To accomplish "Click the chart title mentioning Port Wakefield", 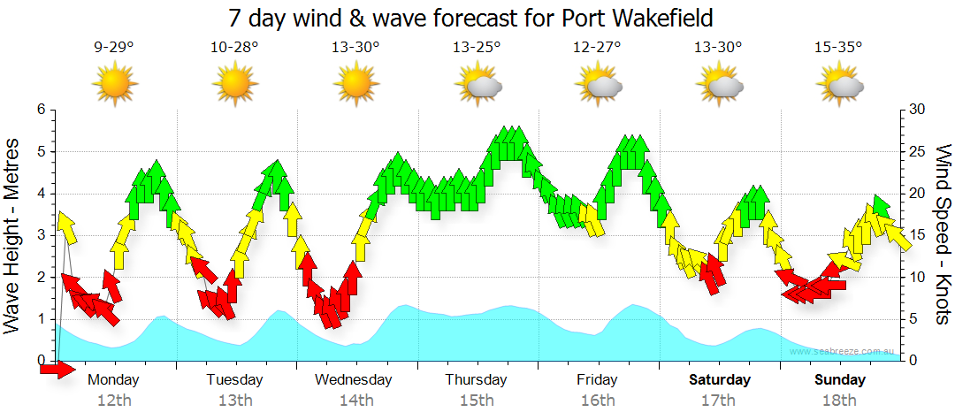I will tap(470, 18).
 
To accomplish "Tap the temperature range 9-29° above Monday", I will tap(114, 48).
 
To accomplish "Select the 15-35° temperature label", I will tap(838, 48).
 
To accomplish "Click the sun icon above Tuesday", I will tap(235, 84).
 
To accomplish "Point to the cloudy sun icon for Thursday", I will tap(477, 84).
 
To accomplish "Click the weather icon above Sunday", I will tap(839, 84).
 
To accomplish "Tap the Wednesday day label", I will tap(354, 380).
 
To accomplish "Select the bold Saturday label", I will tap(720, 380).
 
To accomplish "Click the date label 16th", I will tap(598, 401).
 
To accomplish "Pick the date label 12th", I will tap(114, 401).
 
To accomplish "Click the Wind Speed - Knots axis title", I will tap(943, 234).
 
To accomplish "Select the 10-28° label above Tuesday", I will tap(235, 48).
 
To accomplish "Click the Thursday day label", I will tap(476, 380).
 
